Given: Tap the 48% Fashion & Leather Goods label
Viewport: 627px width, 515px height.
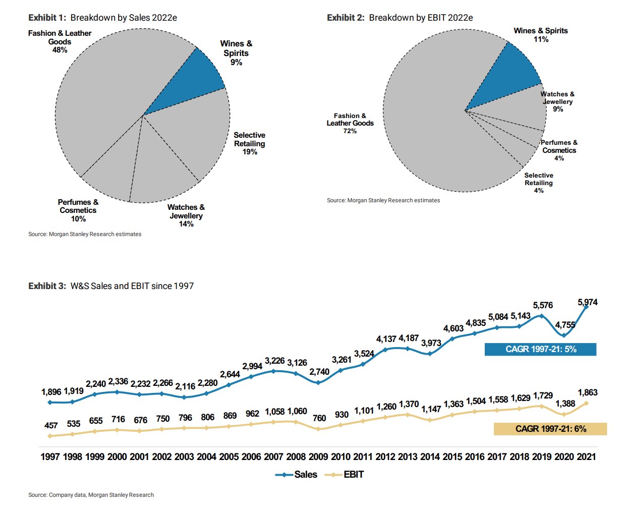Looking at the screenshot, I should point(60,41).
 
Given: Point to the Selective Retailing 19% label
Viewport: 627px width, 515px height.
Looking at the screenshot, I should point(249,143).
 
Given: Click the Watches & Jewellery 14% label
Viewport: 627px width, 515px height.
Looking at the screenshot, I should point(186,215).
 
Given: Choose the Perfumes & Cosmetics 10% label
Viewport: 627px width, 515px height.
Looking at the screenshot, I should point(78,210).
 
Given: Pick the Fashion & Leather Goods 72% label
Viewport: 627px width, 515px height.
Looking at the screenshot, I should point(350,123).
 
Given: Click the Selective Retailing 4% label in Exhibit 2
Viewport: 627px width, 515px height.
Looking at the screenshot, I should point(539,183).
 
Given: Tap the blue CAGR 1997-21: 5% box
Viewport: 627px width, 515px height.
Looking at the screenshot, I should point(540,349).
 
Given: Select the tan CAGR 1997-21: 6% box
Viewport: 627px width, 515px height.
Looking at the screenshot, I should point(550,429).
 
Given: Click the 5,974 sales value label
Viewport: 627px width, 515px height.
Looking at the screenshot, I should point(588,302).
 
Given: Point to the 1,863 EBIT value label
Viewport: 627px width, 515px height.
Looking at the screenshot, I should point(588,392).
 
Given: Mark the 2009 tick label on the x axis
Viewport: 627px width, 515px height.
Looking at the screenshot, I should point(318,456).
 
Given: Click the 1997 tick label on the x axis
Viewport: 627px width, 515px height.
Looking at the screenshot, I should point(50,456).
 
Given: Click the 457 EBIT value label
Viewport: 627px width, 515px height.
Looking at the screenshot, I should point(51,426).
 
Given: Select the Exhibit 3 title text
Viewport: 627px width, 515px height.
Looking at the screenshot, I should point(111,286).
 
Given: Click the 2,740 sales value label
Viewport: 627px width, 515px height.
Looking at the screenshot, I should point(319,372).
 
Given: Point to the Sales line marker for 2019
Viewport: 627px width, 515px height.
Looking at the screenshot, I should point(541,316).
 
